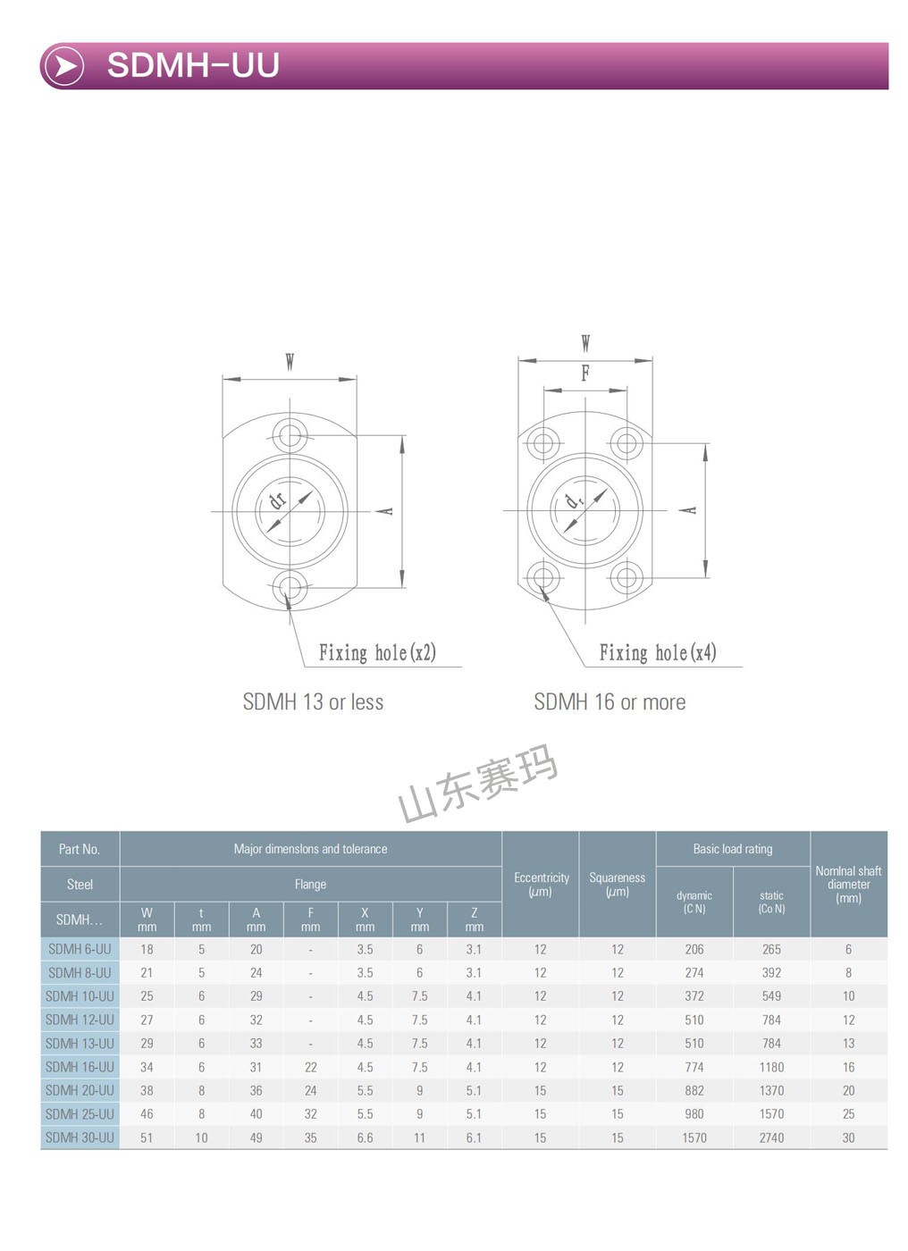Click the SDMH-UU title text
(193, 65)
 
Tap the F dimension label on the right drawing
(584, 373)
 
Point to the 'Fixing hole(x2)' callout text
(377, 652)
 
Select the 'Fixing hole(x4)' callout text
(657, 652)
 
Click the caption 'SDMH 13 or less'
(313, 702)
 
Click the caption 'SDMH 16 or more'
(610, 702)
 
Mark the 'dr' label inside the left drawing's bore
(278, 500)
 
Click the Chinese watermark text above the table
(477, 783)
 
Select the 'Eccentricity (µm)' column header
(541, 884)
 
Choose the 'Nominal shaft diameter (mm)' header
(848, 884)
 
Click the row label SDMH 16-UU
(80, 1067)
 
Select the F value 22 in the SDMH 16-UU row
(310, 1067)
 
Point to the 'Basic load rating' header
(732, 849)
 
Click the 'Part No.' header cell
(80, 849)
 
